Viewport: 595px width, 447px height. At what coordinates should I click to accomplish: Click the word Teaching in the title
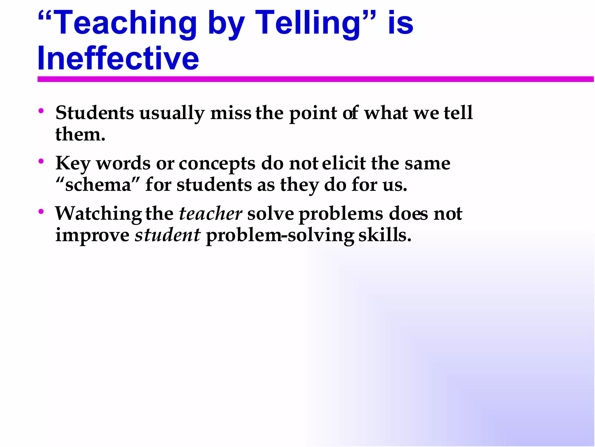point(125,23)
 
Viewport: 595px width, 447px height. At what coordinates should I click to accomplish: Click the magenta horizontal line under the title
point(315,79)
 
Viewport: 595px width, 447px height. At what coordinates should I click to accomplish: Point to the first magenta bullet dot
point(41,111)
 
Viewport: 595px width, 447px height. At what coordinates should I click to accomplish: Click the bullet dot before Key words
point(41,161)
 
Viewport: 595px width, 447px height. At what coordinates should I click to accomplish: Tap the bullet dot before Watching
point(41,211)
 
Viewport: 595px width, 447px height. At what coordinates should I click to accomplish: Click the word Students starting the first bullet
point(95,113)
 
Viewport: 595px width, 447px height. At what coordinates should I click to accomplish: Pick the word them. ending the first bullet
point(80,135)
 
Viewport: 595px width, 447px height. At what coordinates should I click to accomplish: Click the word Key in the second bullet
point(73,164)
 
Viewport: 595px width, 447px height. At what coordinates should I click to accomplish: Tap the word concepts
point(217,164)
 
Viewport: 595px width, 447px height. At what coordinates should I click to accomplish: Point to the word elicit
point(344,163)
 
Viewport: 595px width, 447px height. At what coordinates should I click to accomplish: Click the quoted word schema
point(98,185)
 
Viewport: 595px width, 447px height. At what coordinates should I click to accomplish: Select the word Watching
point(98,214)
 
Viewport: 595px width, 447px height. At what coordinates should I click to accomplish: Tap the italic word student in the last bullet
point(167,235)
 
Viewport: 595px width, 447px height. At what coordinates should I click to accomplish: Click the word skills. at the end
point(385,235)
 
